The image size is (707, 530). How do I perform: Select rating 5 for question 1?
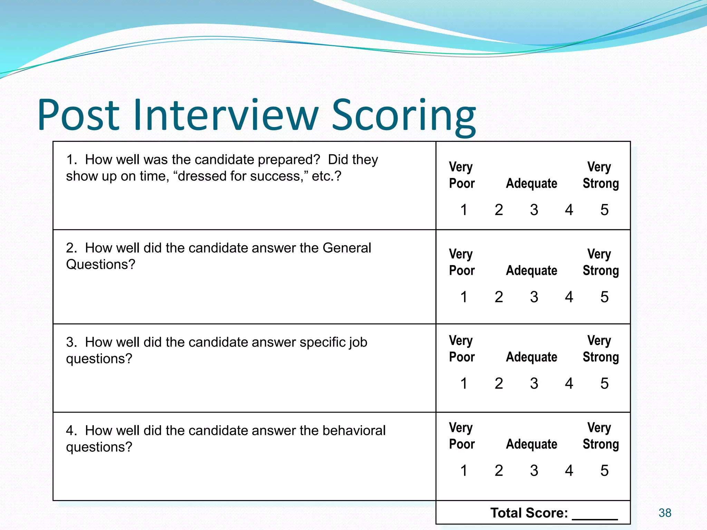604,210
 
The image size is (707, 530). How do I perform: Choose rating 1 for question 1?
464,210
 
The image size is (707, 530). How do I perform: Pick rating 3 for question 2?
534,297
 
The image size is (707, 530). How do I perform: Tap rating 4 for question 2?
569,297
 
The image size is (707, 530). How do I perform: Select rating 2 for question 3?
499,383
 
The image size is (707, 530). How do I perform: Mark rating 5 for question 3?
604,383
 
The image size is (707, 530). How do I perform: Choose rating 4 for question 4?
569,471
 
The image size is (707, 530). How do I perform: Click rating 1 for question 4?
464,471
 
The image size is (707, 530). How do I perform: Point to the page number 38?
665,513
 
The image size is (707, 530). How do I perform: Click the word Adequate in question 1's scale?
532,184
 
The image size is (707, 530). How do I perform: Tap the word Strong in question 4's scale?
601,444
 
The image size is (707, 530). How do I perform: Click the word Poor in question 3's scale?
462,357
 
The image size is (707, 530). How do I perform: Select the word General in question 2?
347,248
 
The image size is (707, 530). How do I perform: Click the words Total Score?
529,513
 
